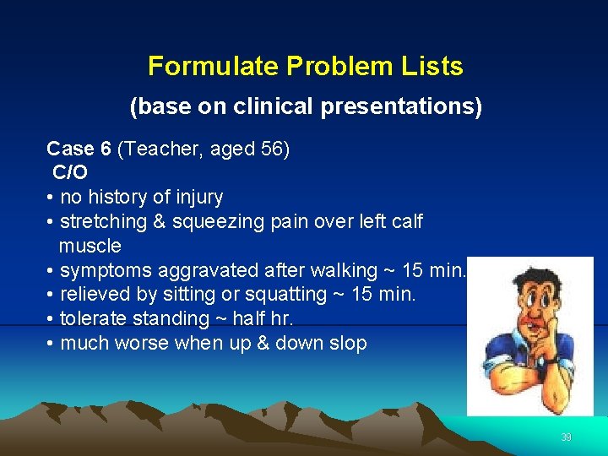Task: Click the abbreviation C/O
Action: click(x=70, y=173)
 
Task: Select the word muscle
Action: click(x=90, y=247)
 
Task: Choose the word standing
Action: click(x=167, y=319)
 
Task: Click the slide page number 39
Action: click(x=566, y=437)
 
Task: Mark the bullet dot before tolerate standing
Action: click(x=52, y=319)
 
